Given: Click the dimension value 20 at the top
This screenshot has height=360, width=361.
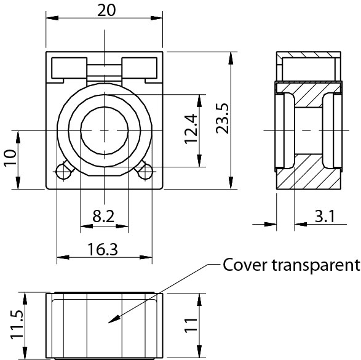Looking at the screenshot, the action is point(106,10).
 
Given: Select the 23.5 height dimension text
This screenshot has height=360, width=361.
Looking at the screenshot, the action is point(223,118).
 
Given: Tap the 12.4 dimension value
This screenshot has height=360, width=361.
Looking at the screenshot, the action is point(191,129).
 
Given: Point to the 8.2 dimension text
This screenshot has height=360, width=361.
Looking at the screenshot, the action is point(103,216).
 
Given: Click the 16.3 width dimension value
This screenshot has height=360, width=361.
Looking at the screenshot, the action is point(103,249).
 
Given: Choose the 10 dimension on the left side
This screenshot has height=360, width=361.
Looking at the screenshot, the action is point(10,157).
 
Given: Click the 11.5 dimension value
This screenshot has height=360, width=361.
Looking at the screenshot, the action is point(17,324).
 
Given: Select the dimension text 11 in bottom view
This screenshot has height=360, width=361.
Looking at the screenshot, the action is point(191,325).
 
